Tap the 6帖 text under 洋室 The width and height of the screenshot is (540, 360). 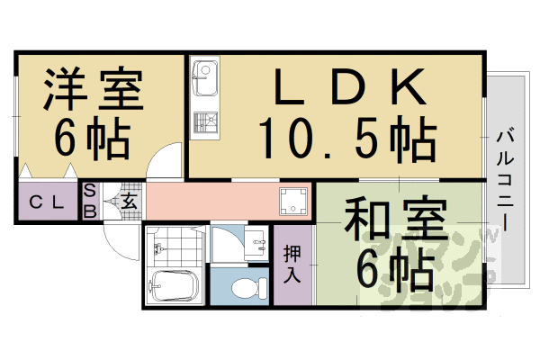91,137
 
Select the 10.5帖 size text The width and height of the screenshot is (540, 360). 347,139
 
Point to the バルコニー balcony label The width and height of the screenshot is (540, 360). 503,181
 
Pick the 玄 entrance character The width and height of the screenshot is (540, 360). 129,202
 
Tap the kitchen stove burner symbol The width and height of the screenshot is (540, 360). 205,121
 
